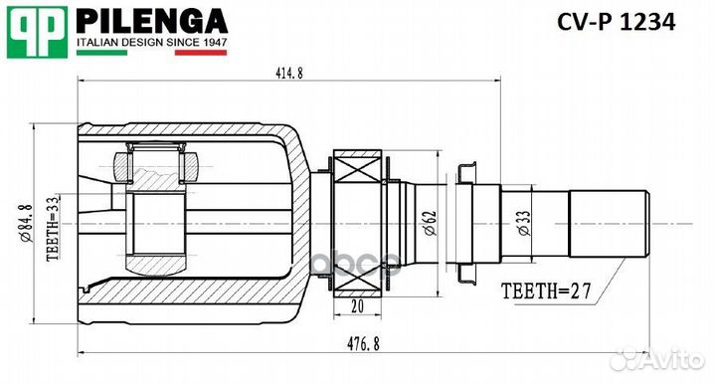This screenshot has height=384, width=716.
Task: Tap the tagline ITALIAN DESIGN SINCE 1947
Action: [x=152, y=43]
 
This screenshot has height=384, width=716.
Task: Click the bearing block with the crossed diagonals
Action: [x=358, y=170]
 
